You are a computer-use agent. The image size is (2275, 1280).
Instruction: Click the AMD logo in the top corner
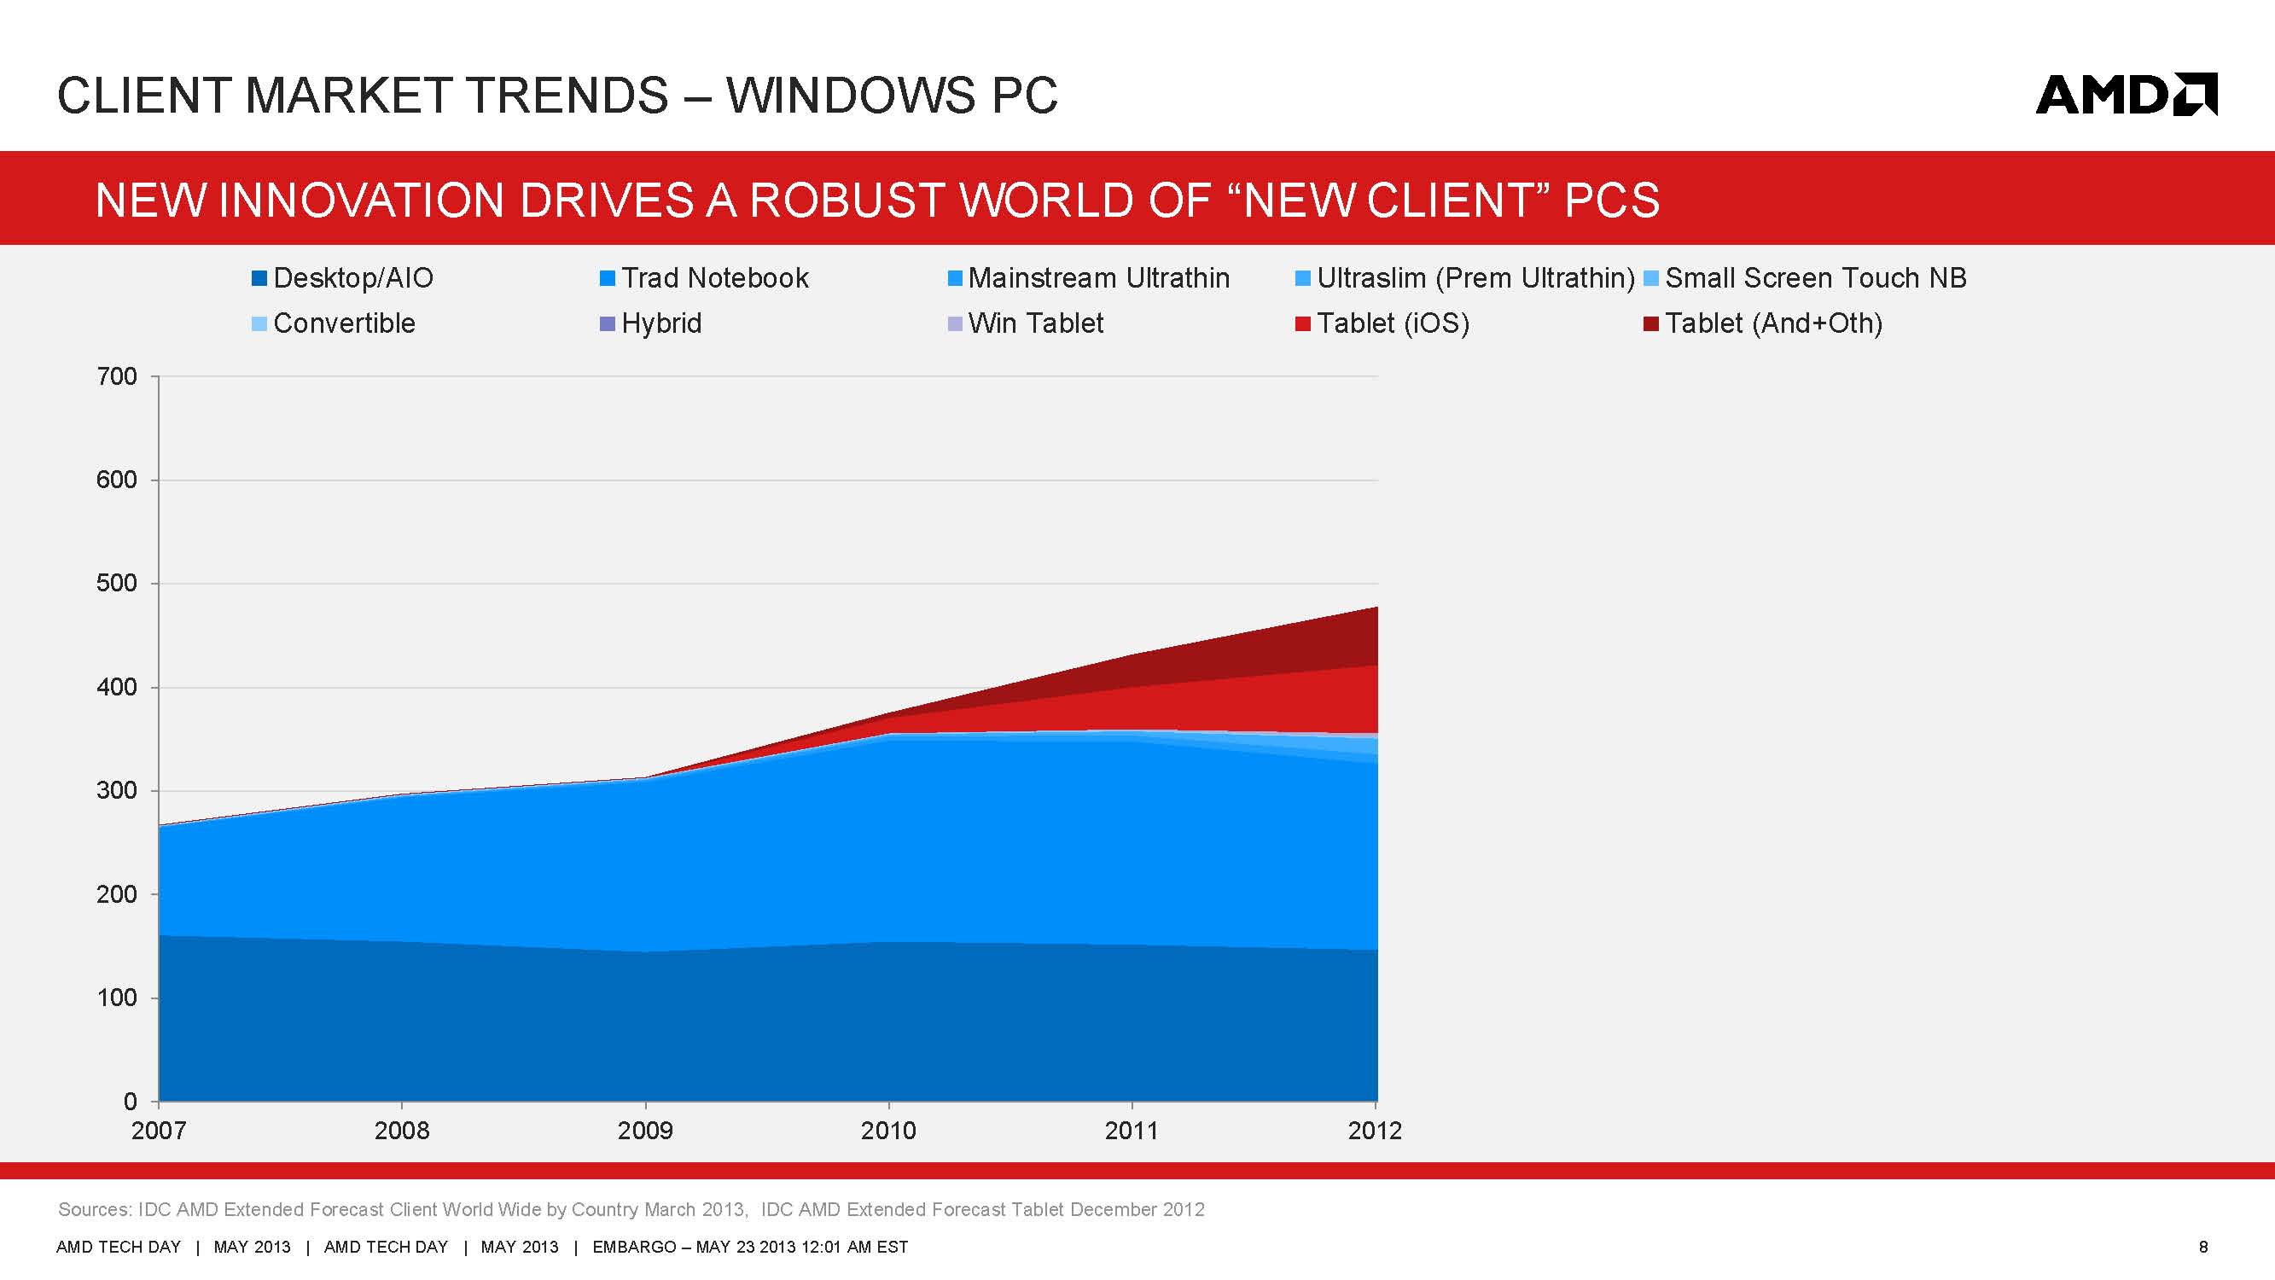pyautogui.click(x=2125, y=95)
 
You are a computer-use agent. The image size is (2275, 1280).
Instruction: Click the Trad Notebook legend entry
pyautogui.click(x=704, y=278)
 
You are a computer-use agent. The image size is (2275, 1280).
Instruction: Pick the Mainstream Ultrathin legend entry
pyautogui.click(x=1088, y=278)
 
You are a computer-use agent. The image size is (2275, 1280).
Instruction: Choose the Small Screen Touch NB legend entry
pyautogui.click(x=1805, y=278)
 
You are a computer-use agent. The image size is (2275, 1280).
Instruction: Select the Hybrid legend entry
pyautogui.click(x=651, y=323)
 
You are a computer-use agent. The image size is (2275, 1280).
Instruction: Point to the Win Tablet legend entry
pyautogui.click(x=1026, y=323)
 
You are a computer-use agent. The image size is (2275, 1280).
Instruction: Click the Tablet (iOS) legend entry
pyautogui.click(x=1382, y=323)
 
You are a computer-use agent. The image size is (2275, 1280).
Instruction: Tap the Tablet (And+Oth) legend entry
pyautogui.click(x=1763, y=323)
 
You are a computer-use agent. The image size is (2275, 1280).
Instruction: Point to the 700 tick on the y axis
pyautogui.click(x=118, y=376)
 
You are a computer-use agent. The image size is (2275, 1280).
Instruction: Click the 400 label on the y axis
pyautogui.click(x=118, y=687)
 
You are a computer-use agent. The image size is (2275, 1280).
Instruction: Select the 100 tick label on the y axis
pyautogui.click(x=118, y=998)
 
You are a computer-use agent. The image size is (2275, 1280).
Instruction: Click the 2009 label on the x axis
pyautogui.click(x=645, y=1131)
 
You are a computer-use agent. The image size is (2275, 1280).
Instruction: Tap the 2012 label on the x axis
pyautogui.click(x=1374, y=1131)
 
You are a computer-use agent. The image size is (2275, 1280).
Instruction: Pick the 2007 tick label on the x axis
pyautogui.click(x=159, y=1131)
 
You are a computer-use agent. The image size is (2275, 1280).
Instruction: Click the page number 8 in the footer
pyautogui.click(x=2203, y=1247)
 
